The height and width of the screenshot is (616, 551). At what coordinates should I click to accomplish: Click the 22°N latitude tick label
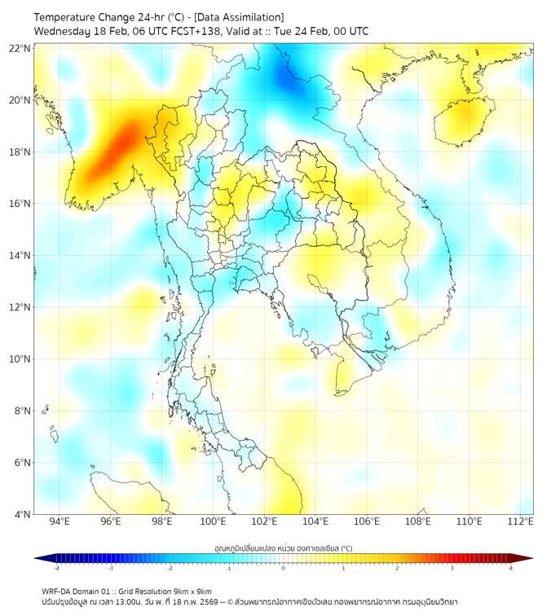tap(20, 48)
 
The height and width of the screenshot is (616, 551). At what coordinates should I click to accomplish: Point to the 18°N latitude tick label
tap(20, 152)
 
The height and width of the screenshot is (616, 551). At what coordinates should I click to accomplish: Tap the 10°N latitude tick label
tap(20, 359)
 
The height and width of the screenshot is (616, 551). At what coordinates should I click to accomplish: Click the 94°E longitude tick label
tap(60, 521)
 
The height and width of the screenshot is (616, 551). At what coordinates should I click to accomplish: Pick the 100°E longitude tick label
tap(213, 521)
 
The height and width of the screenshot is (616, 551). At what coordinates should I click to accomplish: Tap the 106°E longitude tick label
tap(367, 521)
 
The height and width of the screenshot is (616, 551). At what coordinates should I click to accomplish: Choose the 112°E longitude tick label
tap(520, 521)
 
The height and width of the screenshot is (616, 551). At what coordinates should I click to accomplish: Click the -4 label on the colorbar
tap(56, 568)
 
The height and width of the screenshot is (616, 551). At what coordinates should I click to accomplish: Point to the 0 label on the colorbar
tap(284, 568)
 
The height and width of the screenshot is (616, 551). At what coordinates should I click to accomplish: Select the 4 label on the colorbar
tap(510, 568)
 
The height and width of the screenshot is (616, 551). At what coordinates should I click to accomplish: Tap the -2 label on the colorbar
tap(170, 568)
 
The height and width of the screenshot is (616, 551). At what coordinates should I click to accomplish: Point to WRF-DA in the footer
tap(56, 592)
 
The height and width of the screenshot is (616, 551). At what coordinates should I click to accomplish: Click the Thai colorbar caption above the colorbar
tap(283, 548)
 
